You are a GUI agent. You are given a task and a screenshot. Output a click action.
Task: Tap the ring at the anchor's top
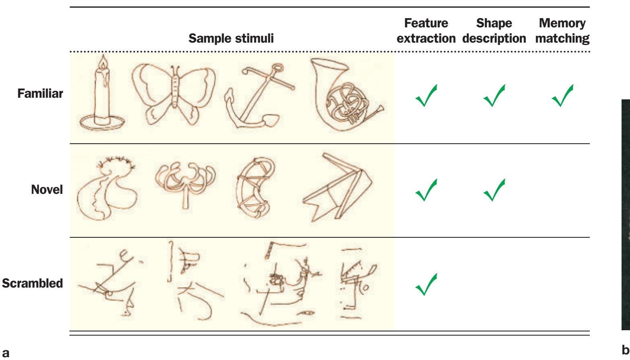click(277, 68)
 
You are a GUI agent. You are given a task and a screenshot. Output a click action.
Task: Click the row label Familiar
click(40, 93)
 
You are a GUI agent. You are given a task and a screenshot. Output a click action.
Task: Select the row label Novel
click(47, 189)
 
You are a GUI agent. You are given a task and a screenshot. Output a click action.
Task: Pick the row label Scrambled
click(32, 283)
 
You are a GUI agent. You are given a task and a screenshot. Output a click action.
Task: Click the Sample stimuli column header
click(231, 38)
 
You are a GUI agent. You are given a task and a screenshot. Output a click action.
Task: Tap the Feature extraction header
click(426, 31)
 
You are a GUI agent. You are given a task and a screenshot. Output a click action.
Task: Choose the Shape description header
click(494, 31)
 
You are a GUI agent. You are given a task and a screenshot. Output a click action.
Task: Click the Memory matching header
click(562, 31)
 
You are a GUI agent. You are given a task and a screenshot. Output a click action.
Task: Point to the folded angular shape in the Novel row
click(337, 187)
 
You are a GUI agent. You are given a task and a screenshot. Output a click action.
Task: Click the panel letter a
click(6, 353)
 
